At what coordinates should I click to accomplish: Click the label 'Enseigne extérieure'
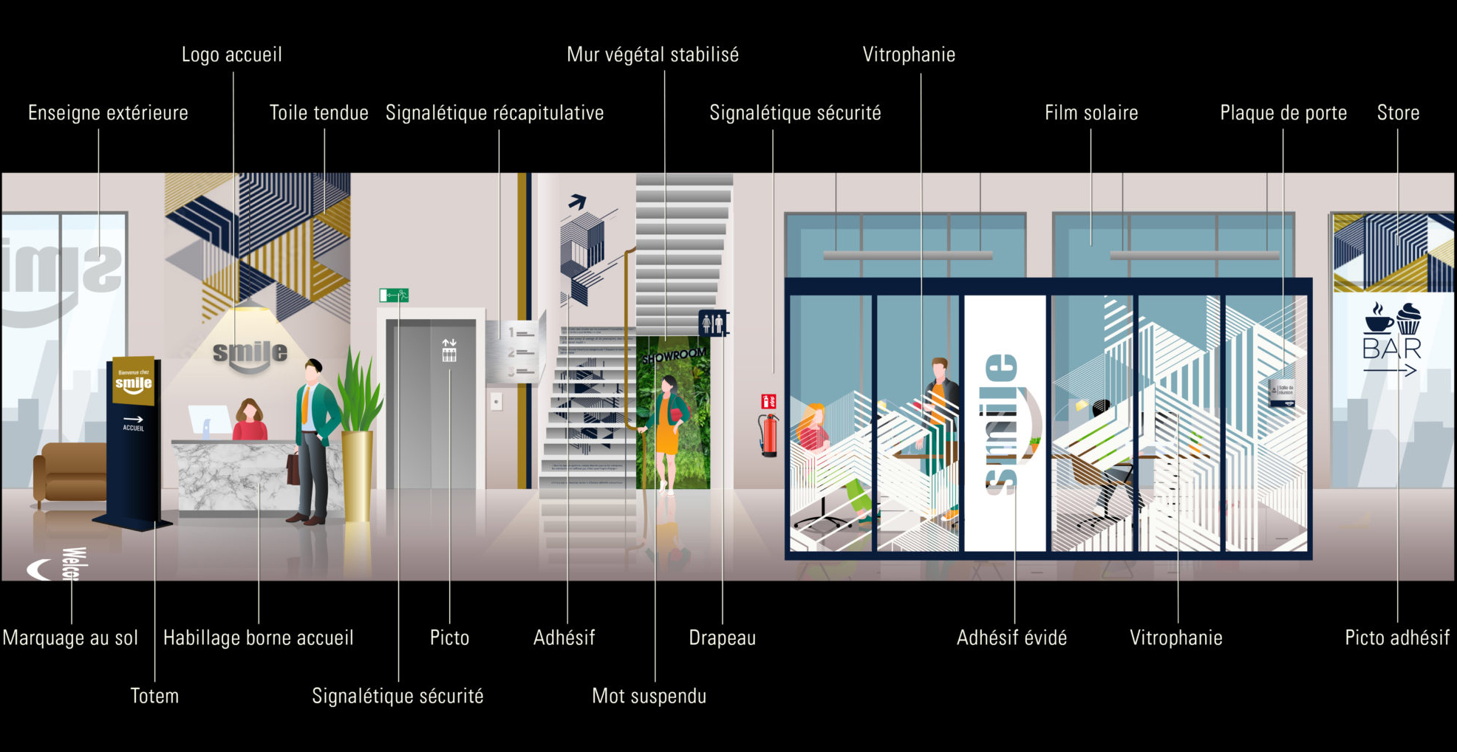(x=108, y=113)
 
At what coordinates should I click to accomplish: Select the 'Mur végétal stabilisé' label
(x=652, y=55)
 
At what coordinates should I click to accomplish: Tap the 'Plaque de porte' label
(x=1283, y=113)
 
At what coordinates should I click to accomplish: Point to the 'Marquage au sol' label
(x=70, y=638)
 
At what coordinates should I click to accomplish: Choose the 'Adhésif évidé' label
(x=1011, y=638)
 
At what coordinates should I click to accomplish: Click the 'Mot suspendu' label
(x=649, y=696)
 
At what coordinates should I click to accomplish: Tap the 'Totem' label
(x=154, y=696)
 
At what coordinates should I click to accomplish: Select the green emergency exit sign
(x=394, y=295)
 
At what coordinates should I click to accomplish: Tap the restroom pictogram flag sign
(x=713, y=323)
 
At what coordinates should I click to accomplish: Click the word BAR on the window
(x=1392, y=348)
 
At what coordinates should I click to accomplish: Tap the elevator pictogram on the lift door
(x=448, y=350)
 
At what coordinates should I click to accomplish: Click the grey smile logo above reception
(x=250, y=354)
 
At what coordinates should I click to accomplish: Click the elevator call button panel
(x=497, y=401)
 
